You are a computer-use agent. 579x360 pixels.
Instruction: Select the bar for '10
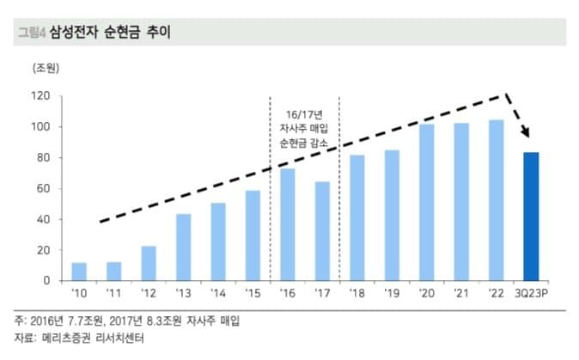click(79, 272)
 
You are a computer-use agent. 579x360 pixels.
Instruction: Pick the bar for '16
click(288, 224)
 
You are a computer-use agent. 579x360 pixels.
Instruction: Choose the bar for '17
click(322, 231)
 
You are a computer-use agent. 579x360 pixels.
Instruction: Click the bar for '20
click(427, 203)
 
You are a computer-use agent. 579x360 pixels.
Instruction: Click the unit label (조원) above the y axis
click(46, 66)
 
